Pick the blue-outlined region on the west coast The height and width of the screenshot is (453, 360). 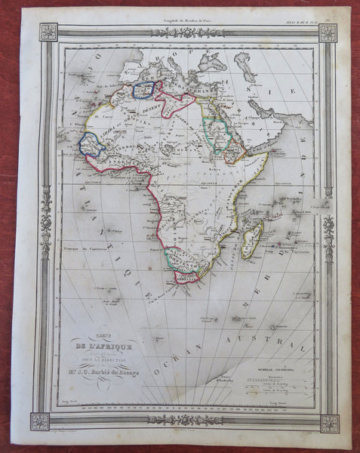91,143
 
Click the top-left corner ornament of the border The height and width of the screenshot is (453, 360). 48,32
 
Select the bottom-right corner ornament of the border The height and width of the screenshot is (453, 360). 328,424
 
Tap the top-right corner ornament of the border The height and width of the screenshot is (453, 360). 328,32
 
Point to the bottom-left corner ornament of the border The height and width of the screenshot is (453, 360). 40,421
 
